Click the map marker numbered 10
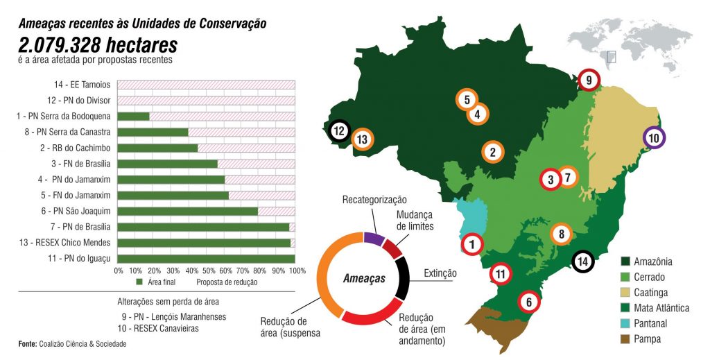click(x=654, y=138)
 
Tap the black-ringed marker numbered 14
click(x=584, y=262)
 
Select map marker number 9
click(x=589, y=80)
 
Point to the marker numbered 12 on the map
click(x=338, y=130)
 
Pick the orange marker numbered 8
click(x=562, y=234)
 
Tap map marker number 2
click(x=492, y=152)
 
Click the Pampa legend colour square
click(x=627, y=339)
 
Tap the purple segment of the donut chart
click(x=374, y=239)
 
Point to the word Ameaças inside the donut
click(x=364, y=279)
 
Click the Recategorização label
click(x=374, y=200)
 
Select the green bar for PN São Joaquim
click(x=188, y=211)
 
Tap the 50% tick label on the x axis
click(x=207, y=270)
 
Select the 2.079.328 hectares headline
click(x=98, y=45)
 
